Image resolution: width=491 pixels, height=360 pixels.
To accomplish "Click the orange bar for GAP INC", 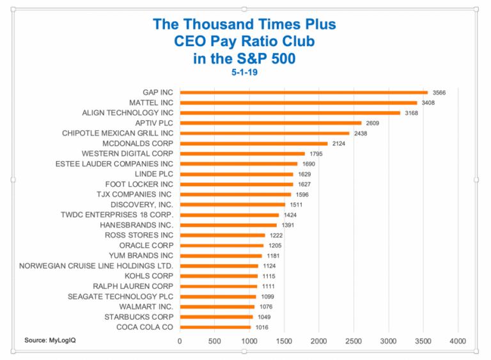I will [x=304, y=92].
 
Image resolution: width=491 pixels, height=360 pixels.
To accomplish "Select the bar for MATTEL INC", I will [x=299, y=102].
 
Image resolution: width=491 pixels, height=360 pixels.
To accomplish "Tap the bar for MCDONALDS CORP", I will [x=254, y=143].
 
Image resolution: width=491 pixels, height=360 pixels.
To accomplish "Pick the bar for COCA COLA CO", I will [x=215, y=327].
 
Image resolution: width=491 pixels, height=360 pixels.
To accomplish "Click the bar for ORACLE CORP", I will [x=222, y=246].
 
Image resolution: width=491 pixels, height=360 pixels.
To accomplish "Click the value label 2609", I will [x=373, y=123].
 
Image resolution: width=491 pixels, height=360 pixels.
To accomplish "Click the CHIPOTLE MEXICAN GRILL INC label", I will [x=118, y=133].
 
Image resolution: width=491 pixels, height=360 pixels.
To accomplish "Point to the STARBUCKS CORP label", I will [x=139, y=317].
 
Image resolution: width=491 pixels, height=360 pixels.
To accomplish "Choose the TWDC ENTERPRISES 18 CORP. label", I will [x=117, y=215].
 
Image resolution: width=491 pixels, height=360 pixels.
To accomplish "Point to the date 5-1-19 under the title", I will [x=245, y=72].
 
